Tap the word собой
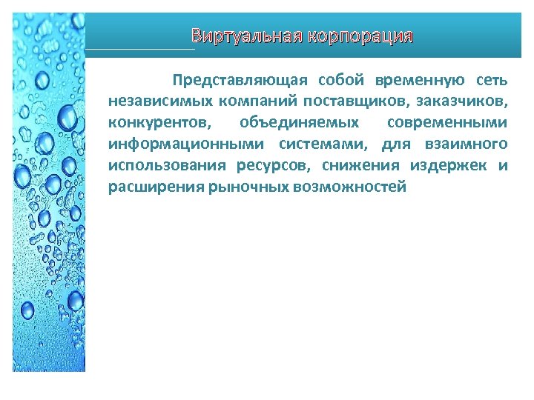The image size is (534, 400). click(342, 79)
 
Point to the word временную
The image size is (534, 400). click(420, 79)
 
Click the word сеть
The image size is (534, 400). click(492, 79)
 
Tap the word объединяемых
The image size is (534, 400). click(300, 122)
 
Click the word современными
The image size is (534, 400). click(447, 122)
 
